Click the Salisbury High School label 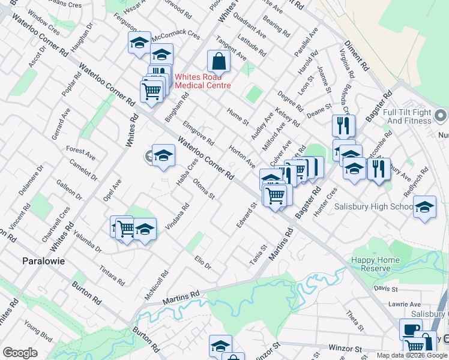(x=376, y=207)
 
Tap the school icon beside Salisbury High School (x=424, y=207)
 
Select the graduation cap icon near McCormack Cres (x=139, y=43)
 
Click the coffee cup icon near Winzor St (x=411, y=329)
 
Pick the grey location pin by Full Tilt (x=441, y=115)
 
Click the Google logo (x=20, y=353)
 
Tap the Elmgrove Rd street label (x=198, y=134)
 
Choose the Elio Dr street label (x=203, y=262)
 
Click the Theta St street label (x=354, y=320)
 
